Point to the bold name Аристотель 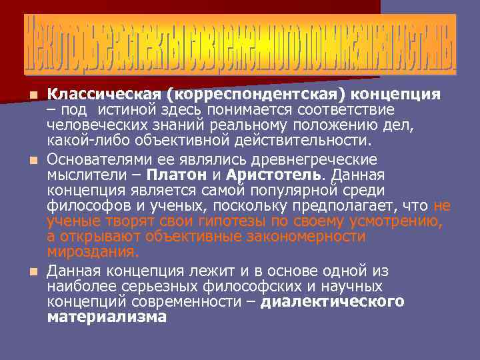(x=275, y=175)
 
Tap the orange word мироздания (x=93, y=251)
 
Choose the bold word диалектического (x=332, y=301)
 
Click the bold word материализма (x=107, y=317)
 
